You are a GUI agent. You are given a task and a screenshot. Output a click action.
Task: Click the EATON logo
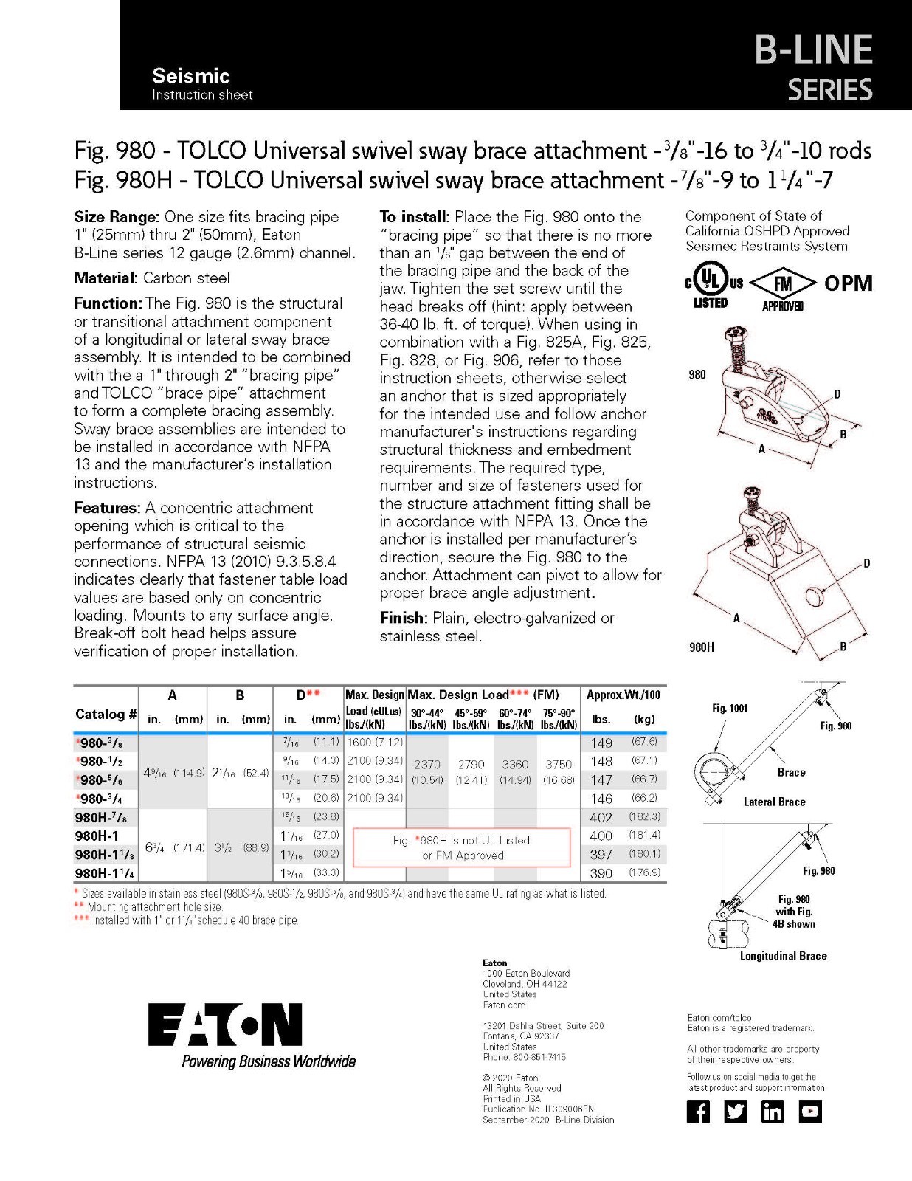(225, 1025)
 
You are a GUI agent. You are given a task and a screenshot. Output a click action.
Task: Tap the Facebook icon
(698, 1112)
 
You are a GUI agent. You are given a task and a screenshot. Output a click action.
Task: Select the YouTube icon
(810, 1112)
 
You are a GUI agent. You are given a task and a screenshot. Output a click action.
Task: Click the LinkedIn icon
(773, 1112)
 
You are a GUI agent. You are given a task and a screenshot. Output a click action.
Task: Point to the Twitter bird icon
(736, 1112)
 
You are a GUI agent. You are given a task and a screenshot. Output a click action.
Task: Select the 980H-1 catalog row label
(97, 836)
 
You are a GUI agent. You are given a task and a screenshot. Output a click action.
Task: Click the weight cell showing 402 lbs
(601, 817)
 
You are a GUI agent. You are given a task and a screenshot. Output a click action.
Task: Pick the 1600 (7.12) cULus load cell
(375, 742)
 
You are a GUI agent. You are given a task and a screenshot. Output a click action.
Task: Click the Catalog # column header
(106, 714)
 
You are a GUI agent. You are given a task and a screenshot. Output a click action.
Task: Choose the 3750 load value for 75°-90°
(559, 764)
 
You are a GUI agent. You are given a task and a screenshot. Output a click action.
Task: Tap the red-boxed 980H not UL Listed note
(461, 847)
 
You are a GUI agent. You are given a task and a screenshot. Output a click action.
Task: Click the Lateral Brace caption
(774, 802)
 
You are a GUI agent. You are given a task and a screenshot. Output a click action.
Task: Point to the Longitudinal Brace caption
(784, 956)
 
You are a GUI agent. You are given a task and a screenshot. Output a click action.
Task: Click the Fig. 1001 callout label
(730, 708)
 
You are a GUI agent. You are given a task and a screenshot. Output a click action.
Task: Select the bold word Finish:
(401, 618)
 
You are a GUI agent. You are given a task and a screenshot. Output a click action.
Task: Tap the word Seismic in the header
(190, 75)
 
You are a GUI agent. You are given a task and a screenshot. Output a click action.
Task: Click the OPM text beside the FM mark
(849, 283)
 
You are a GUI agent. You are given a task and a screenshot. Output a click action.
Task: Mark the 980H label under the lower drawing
(701, 647)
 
